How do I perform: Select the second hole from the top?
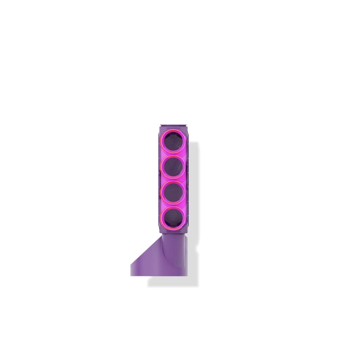173,167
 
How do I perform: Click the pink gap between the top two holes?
173,154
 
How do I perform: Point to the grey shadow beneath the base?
172,281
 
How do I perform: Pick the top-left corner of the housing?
160,126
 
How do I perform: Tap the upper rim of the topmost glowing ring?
173,130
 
